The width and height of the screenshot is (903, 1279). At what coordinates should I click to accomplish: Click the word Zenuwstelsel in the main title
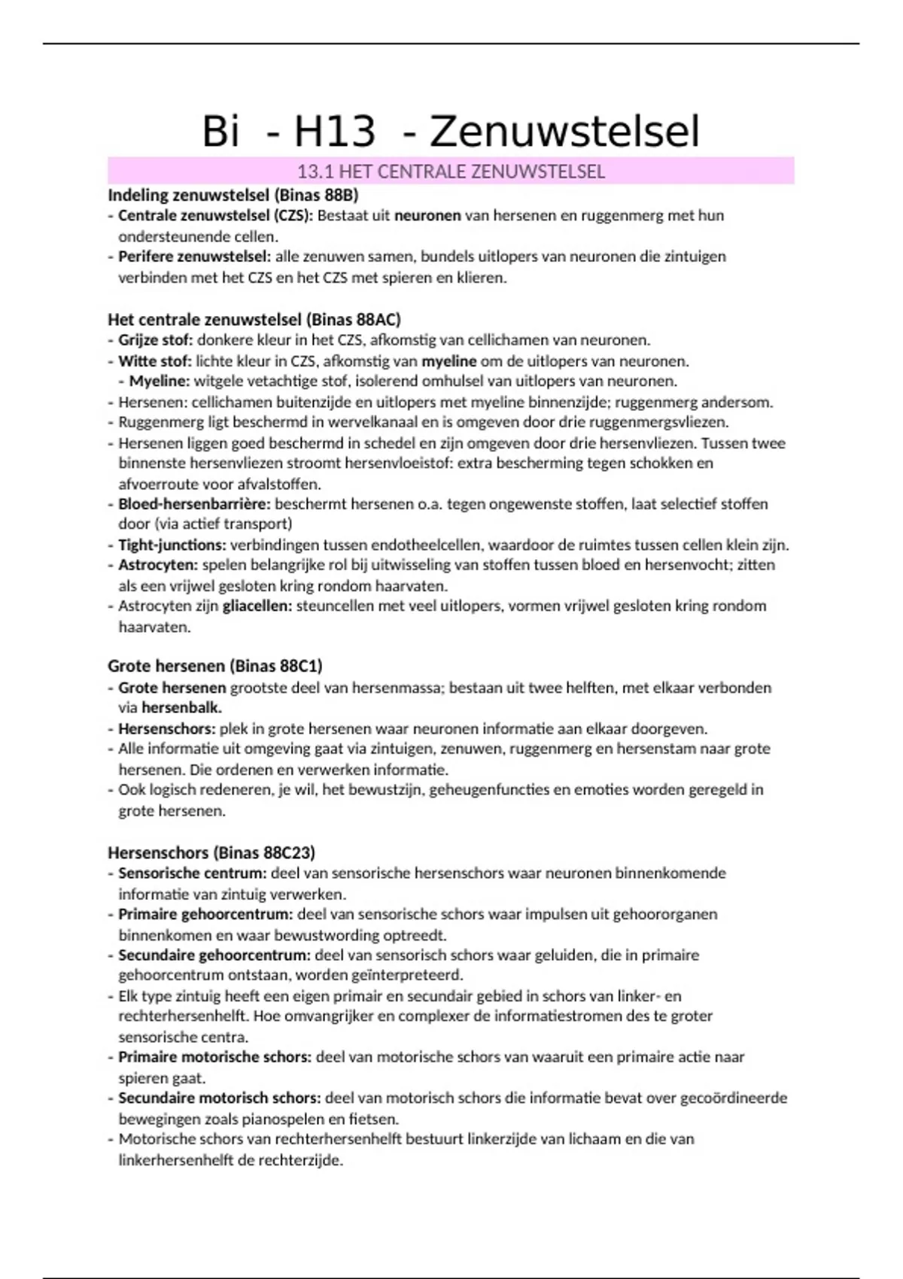click(564, 132)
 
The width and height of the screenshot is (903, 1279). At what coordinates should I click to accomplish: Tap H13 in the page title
click(334, 132)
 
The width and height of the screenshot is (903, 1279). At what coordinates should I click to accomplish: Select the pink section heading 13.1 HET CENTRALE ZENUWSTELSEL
click(451, 172)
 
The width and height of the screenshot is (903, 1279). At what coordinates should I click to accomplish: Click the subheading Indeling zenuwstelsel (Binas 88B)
click(233, 195)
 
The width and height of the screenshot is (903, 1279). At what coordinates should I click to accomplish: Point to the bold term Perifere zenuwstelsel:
click(194, 257)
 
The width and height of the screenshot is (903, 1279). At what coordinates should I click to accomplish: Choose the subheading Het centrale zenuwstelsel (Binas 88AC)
click(254, 319)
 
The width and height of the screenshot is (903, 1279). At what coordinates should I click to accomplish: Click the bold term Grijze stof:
click(155, 340)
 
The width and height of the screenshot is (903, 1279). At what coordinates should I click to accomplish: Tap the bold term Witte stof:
click(154, 361)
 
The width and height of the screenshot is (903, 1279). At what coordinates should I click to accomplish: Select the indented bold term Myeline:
click(160, 381)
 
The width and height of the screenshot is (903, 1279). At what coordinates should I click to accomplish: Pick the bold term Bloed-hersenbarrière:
click(194, 504)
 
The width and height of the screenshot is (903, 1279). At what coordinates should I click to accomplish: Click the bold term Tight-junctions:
click(172, 545)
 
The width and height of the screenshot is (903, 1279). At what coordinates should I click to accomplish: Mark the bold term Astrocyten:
click(157, 565)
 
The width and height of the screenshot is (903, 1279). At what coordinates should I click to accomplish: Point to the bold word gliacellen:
click(257, 606)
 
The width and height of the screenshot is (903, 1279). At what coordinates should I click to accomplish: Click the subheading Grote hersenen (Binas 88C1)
click(214, 666)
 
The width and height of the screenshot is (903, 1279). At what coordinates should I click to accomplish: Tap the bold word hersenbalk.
click(181, 708)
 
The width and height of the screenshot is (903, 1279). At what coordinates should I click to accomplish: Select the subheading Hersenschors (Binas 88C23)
click(211, 852)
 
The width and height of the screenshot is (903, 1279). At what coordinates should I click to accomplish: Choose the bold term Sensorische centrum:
click(192, 873)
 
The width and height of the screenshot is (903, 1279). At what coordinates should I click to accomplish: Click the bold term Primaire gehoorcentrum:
click(205, 914)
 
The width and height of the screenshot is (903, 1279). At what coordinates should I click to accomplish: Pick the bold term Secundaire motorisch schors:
click(219, 1098)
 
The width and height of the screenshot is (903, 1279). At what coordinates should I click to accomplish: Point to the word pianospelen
click(285, 1119)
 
